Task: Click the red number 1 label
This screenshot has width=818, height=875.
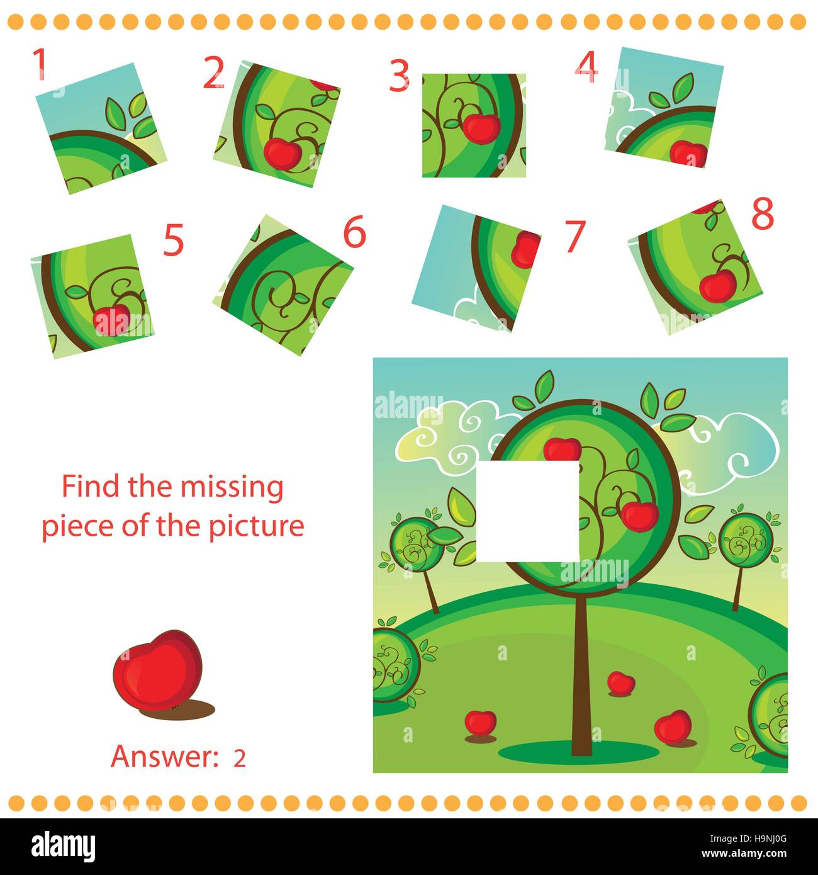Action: [x=40, y=64]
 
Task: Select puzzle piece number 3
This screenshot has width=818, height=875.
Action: [x=473, y=125]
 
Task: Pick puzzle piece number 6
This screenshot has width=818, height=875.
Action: [x=287, y=285]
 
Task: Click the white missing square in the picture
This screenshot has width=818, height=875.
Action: [x=527, y=511]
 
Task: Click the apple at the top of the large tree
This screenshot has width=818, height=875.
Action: [x=562, y=449]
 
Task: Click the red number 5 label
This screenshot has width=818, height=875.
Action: [x=173, y=242]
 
